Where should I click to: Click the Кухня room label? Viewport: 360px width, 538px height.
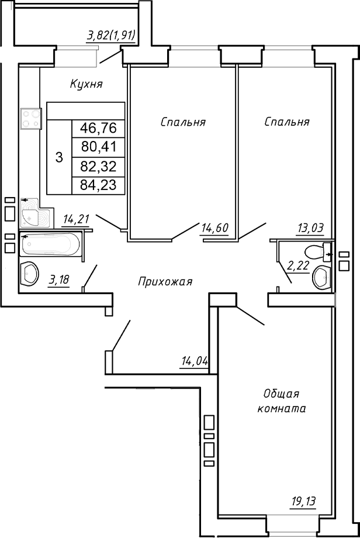coord(86,84)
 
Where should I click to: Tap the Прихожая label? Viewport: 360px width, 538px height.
coord(165,282)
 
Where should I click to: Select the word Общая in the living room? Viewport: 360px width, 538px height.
coord(281,394)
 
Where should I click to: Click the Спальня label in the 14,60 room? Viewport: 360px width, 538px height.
coord(183,122)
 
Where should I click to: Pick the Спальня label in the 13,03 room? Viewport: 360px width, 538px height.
coord(286,122)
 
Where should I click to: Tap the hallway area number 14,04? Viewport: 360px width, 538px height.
coord(195,361)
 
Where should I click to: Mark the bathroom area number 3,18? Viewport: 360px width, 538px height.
coord(58,280)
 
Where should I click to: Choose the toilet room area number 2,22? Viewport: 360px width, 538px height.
coord(297,267)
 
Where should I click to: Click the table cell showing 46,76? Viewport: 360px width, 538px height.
coord(98,128)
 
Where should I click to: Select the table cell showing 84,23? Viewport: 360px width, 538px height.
coord(98,185)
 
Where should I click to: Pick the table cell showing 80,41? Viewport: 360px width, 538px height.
coord(98,147)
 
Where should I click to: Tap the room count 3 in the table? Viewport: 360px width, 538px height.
coord(58,157)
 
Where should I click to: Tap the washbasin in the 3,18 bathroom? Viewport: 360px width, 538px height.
coord(30,274)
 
